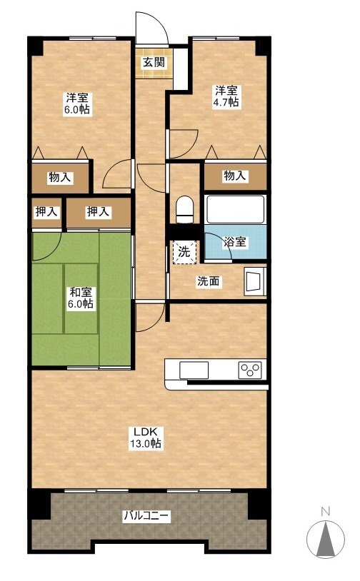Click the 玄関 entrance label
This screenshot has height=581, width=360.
(x=154, y=62)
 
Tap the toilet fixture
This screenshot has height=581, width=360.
(x=184, y=210)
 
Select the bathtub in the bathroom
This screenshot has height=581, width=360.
(x=235, y=209)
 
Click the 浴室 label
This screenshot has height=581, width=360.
(x=235, y=242)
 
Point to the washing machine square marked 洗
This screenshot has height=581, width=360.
(x=184, y=253)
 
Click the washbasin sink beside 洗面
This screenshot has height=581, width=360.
(x=255, y=282)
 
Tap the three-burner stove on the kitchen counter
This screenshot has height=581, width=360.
(x=250, y=370)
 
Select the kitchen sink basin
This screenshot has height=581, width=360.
(x=194, y=370)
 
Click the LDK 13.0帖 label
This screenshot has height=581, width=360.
(x=146, y=438)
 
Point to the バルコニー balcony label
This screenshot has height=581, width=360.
(x=146, y=515)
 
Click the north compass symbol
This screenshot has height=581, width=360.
(x=326, y=534)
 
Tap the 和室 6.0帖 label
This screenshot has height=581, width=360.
(x=81, y=298)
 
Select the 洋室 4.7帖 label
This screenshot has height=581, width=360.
(x=226, y=96)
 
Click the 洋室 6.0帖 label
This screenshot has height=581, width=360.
(x=77, y=104)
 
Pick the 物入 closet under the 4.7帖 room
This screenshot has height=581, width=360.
(x=236, y=176)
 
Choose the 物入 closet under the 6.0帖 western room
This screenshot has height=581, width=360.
(x=61, y=178)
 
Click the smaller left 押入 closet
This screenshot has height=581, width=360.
(x=46, y=213)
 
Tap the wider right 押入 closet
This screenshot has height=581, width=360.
(x=99, y=213)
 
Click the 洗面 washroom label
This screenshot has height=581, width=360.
(x=209, y=282)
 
